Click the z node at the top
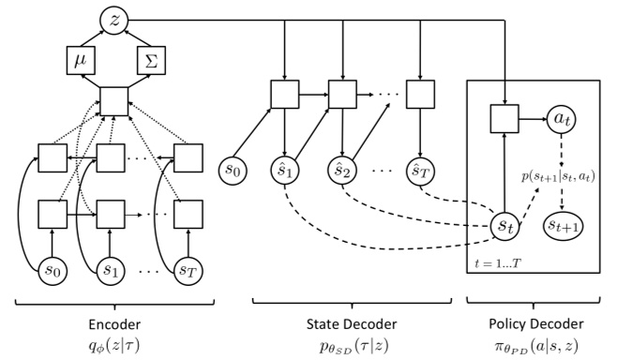(x=113, y=18)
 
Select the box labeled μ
(x=78, y=61)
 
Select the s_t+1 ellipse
(x=564, y=227)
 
